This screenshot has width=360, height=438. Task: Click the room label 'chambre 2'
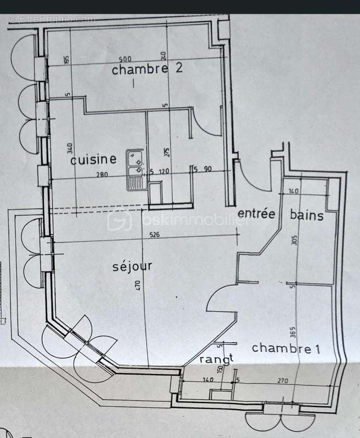(139, 70)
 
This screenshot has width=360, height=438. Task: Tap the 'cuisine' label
(93, 160)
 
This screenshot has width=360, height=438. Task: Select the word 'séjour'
(132, 267)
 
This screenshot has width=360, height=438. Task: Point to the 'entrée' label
(255, 214)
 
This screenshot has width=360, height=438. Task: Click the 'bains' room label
(307, 215)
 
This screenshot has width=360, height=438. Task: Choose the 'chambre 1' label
(285, 348)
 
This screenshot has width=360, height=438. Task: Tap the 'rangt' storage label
(216, 359)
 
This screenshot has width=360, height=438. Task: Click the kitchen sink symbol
(135, 168)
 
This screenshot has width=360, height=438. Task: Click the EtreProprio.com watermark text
(52, 19)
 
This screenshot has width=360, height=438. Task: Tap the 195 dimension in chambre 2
(67, 60)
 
